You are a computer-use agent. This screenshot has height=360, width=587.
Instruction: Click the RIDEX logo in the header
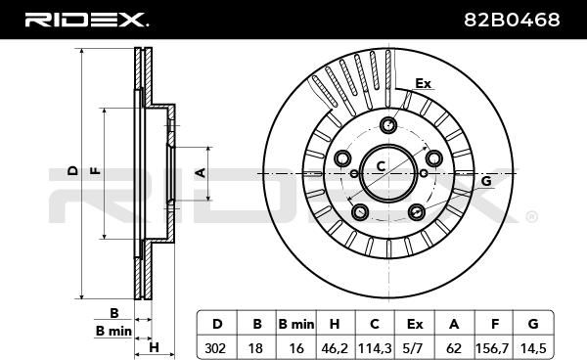[86, 20]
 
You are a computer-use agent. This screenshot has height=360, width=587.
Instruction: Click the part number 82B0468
[512, 20]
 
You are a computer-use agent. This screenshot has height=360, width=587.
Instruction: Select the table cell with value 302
[216, 348]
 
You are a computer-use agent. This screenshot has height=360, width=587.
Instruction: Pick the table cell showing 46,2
[335, 348]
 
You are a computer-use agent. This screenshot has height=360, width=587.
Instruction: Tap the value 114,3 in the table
[375, 348]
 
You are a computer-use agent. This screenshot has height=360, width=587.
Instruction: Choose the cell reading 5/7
[415, 348]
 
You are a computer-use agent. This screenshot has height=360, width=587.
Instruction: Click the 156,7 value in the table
[494, 348]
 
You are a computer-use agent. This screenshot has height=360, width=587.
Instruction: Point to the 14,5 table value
[533, 348]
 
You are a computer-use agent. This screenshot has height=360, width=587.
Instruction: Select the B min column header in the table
[296, 324]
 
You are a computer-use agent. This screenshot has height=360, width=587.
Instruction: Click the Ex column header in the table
[415, 324]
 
